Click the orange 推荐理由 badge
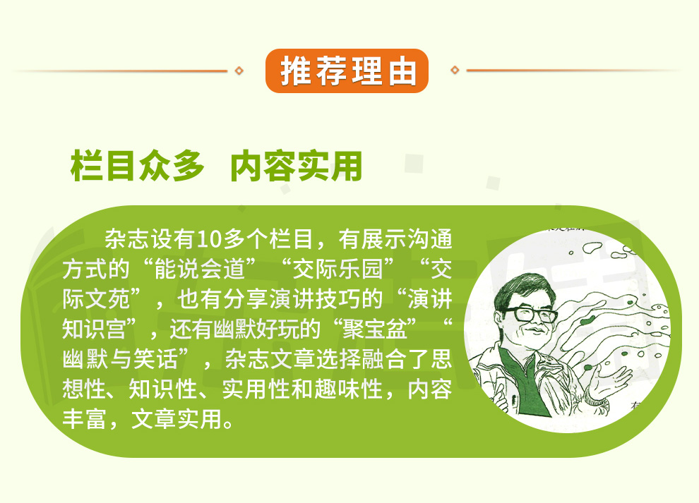pos(347,71)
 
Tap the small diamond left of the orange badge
pos(239,71)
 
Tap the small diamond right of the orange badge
pos(455,70)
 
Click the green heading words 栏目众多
pos(137,166)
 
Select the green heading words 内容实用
pos(296,166)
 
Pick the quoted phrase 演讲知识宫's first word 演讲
pos(430,299)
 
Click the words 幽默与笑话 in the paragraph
pos(120,359)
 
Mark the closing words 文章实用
pos(177,419)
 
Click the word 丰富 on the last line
pos(85,419)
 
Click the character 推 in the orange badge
pos(295,71)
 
